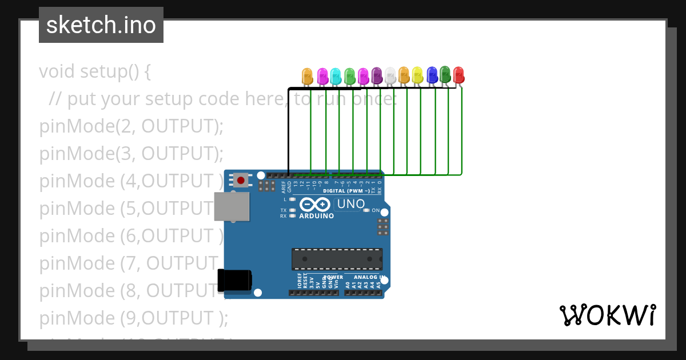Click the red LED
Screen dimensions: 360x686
(458, 74)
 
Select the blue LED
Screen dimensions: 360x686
(432, 74)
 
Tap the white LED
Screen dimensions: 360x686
(390, 75)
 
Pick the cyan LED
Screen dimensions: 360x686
(336, 75)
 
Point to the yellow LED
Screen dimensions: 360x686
(417, 75)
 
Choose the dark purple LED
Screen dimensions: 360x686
(377, 75)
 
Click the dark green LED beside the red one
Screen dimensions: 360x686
(445, 74)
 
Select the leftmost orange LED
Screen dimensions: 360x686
(308, 75)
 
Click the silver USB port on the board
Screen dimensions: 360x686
(232, 206)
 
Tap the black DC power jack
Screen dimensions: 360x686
(235, 280)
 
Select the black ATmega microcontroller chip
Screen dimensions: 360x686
(337, 259)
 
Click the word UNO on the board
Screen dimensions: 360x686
(351, 204)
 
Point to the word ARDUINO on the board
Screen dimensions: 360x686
(316, 216)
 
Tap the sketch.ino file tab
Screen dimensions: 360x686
(101, 25)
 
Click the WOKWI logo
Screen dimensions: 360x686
(607, 315)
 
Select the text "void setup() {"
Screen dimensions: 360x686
(95, 71)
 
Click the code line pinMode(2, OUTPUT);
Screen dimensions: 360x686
(131, 126)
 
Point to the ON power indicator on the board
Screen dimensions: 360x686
(376, 210)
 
